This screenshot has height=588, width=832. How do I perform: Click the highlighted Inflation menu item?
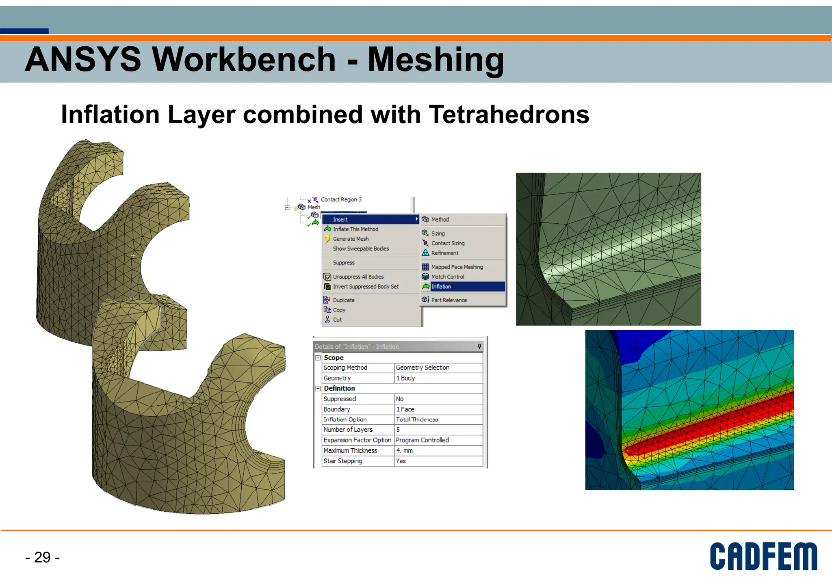(441, 287)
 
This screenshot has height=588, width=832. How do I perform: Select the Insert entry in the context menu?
(340, 220)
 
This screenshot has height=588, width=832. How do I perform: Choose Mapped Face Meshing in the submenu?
(457, 267)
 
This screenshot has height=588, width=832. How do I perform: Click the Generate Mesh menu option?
(351, 239)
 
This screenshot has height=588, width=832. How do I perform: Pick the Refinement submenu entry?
(444, 253)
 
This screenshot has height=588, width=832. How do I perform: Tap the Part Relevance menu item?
(448, 300)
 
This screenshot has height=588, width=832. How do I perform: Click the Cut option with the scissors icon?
(337, 320)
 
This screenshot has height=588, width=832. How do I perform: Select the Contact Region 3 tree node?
(341, 200)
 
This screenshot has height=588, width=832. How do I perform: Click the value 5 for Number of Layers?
(398, 430)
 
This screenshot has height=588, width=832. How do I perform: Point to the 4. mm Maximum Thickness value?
(404, 451)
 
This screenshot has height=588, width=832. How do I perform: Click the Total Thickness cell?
(417, 419)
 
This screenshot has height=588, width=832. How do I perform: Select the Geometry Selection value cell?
(422, 368)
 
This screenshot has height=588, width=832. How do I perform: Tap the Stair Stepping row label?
(342, 461)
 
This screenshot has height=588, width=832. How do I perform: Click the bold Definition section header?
(339, 389)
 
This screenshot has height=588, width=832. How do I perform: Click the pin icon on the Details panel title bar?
(479, 346)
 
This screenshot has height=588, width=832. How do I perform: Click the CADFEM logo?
(763, 556)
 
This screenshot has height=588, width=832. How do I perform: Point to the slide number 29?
(42, 558)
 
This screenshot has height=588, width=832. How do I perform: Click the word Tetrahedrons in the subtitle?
(509, 115)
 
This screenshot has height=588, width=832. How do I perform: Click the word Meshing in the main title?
(435, 60)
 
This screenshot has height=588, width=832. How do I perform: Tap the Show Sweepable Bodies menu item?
(361, 249)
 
